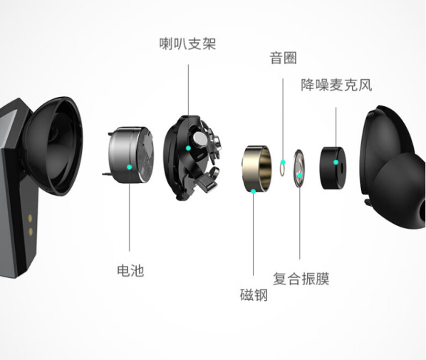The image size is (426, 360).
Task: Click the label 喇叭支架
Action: point(188,43)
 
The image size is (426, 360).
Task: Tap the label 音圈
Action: point(283,58)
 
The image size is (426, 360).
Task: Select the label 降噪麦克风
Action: point(336,85)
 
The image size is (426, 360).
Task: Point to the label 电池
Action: point(130,271)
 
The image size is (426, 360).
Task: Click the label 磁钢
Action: point(254,295)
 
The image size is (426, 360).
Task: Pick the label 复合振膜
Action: point(301,279)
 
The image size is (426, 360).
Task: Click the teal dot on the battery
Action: point(130,167)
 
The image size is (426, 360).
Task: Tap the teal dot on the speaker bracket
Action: point(188,148)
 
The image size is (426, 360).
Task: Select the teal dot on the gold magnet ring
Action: point(253,191)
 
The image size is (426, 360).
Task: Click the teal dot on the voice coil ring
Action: point(283,163)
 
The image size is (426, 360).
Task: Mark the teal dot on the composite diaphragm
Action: point(299,175)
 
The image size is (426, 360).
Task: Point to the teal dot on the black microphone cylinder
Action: point(336,163)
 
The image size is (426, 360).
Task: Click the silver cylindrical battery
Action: point(130,154)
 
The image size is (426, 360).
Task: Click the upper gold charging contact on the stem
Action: point(30,218)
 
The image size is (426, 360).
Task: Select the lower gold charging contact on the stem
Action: point(31,232)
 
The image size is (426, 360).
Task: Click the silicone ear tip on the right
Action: point(401,190)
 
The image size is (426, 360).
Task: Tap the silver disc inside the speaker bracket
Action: point(199,139)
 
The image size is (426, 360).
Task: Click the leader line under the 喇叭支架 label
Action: point(188,90)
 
